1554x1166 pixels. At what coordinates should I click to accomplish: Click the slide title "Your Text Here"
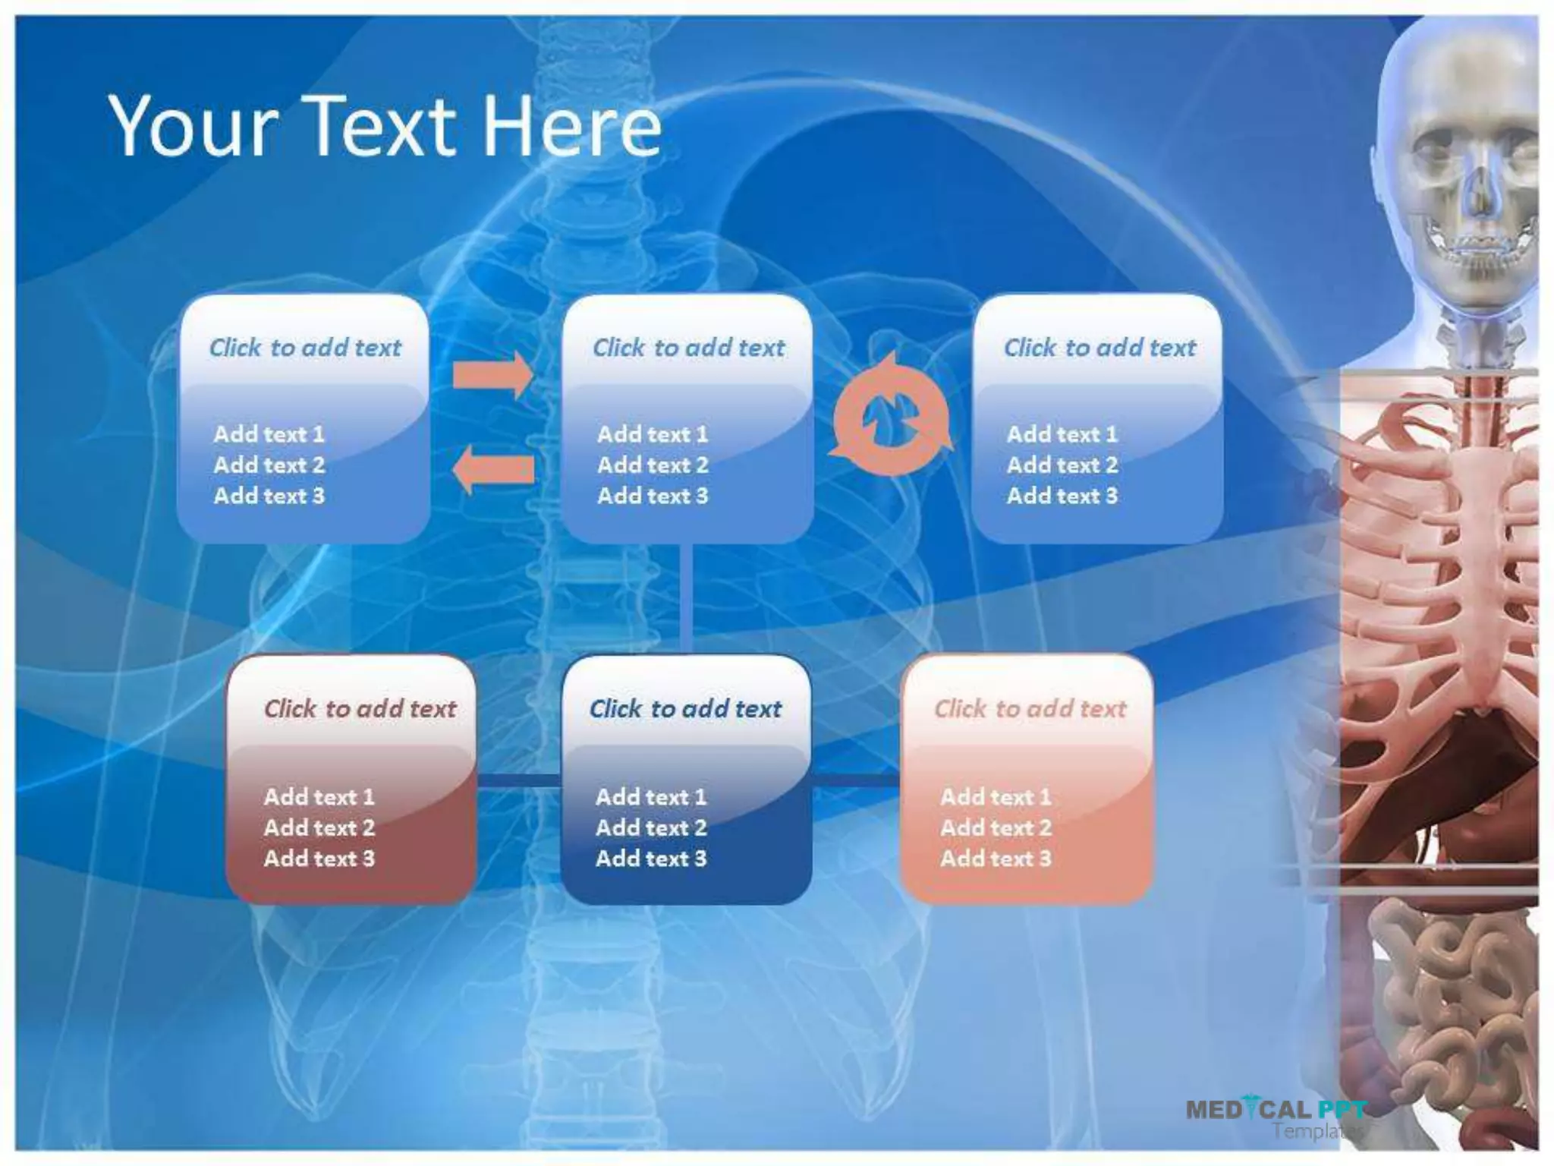385,126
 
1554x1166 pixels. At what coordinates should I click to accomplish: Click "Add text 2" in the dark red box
319,827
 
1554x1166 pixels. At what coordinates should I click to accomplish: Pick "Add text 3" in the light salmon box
996,859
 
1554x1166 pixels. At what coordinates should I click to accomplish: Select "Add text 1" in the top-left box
269,434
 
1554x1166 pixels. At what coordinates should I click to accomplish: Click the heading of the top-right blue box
1099,348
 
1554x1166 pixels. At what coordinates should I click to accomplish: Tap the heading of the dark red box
360,709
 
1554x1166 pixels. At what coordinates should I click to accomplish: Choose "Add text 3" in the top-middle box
653,496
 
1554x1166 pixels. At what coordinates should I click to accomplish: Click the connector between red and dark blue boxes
518,780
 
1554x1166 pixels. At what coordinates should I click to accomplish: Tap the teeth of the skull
1476,251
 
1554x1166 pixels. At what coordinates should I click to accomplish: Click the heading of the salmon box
1030,709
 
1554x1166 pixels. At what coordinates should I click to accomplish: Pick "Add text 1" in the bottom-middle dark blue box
651,797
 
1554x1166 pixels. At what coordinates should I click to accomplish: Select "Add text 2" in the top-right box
1062,465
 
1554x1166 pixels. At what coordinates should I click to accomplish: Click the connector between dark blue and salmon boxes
856,780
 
